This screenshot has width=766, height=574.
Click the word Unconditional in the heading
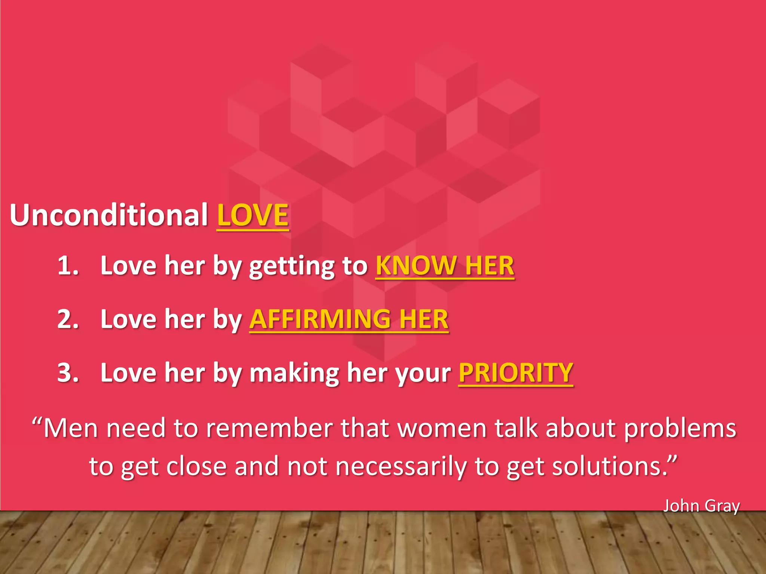coord(108,215)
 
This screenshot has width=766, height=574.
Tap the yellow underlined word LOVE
coord(253,215)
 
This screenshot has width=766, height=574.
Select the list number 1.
coord(68,266)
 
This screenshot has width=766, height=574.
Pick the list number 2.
coord(68,319)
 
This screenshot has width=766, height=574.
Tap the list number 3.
coord(68,373)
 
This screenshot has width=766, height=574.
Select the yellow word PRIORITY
coord(516,373)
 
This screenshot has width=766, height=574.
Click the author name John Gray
coord(701,506)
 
